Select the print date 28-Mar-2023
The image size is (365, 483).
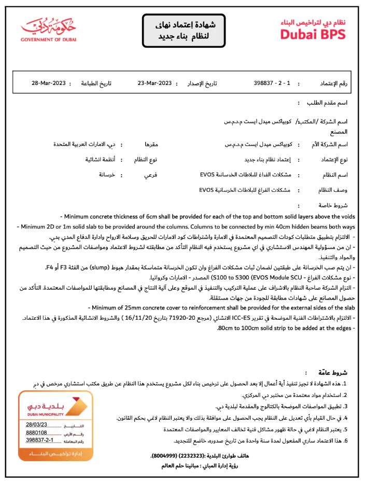point(48,83)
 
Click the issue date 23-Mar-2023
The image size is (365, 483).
point(155,83)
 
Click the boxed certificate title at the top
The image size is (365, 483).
point(185,31)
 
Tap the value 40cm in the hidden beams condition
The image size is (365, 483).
point(267,226)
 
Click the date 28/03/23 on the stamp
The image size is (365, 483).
point(36,424)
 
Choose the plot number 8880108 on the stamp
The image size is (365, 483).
point(36,432)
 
